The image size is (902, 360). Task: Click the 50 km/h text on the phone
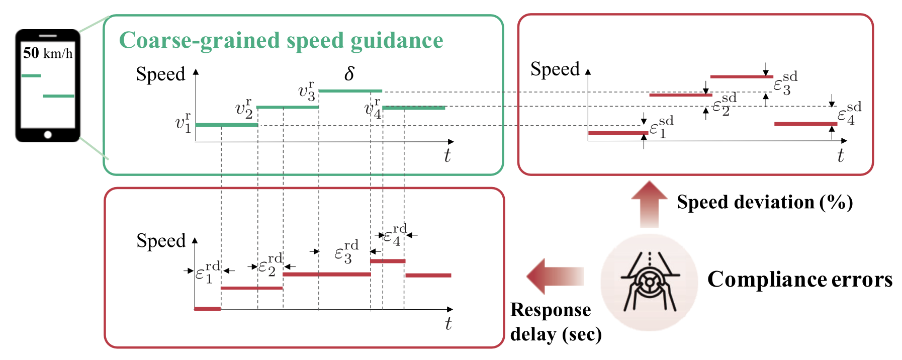coord(48,53)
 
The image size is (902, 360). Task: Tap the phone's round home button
coord(48,134)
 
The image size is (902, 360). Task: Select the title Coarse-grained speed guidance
coord(281,40)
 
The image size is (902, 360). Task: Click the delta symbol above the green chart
coord(349,74)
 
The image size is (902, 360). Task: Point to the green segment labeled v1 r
coord(226,125)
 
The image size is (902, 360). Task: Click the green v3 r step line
coord(350,91)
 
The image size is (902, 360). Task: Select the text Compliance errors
coord(800,279)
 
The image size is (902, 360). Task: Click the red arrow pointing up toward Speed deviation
coord(650,204)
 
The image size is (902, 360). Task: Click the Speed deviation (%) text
coord(765,202)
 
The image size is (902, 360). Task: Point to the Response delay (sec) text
coord(556,322)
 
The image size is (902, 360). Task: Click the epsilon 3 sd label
coord(785,84)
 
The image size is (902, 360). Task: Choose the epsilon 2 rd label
coord(270,265)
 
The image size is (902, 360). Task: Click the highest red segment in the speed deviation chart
coord(742,77)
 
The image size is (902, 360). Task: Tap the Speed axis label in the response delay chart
coord(161,241)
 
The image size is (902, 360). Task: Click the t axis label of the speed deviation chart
coord(840,156)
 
